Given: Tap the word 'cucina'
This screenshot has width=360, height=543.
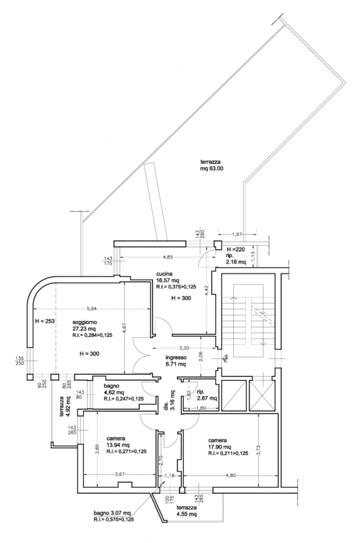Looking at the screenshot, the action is (x=164, y=274).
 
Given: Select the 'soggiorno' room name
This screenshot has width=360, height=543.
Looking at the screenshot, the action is (x=85, y=322).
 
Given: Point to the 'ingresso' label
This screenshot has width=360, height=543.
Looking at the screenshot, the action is (x=176, y=357).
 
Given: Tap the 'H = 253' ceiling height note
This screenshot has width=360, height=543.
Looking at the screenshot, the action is (x=45, y=321).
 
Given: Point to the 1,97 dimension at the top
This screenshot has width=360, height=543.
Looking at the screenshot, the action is (x=237, y=234).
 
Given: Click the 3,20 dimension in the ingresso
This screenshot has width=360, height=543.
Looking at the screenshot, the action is (x=184, y=348).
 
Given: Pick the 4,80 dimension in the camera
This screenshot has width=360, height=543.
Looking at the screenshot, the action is (x=231, y=476).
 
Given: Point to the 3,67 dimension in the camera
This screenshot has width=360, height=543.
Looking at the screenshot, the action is (x=120, y=474).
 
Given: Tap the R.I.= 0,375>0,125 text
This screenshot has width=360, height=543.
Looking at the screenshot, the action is (x=176, y=287).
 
